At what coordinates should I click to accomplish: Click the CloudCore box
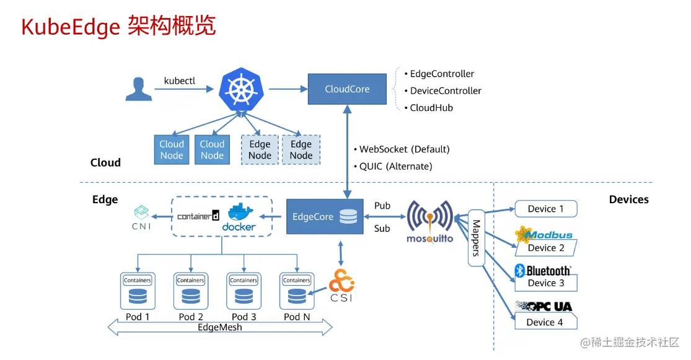[346, 89]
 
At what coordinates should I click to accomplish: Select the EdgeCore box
[324, 217]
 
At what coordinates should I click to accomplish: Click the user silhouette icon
[138, 89]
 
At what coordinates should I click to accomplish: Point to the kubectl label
[179, 81]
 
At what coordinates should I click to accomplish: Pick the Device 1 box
[545, 209]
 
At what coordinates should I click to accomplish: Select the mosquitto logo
[429, 221]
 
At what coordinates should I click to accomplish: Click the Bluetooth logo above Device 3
[543, 271]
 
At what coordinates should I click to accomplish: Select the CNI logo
[141, 217]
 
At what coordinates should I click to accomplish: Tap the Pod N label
[296, 317]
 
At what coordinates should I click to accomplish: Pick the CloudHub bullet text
[431, 108]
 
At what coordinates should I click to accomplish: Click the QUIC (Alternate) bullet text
[395, 166]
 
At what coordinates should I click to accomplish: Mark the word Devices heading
[628, 200]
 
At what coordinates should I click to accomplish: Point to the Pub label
[382, 206]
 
